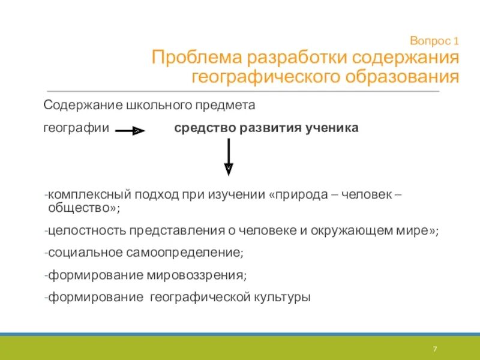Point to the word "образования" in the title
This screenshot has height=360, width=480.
point(401,77)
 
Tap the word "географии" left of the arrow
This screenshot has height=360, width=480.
point(76,128)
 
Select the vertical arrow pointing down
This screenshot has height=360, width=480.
point(229,157)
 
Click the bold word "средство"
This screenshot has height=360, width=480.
point(202,128)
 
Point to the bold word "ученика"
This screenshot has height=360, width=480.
point(335,128)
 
